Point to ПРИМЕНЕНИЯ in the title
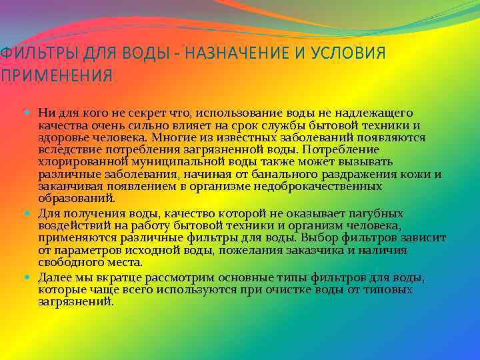click(56, 75)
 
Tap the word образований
click(76, 198)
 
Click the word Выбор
click(317, 237)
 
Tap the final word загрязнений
click(75, 301)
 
